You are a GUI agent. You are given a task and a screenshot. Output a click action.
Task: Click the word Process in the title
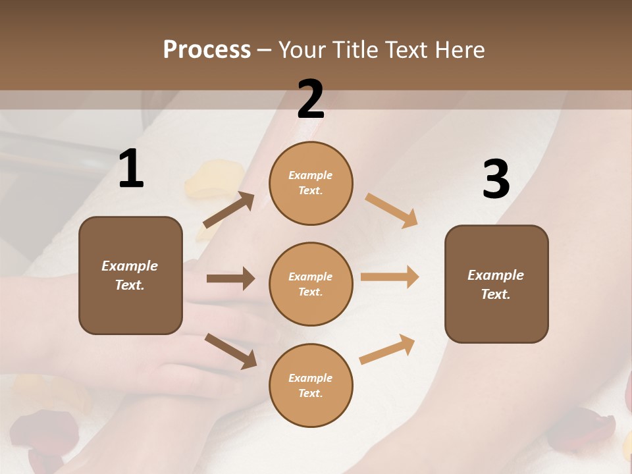tap(207, 50)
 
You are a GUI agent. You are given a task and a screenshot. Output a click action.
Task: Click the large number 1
tap(131, 169)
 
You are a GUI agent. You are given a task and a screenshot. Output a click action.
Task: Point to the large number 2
tap(311, 99)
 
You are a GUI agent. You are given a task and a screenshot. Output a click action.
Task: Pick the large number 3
tap(496, 180)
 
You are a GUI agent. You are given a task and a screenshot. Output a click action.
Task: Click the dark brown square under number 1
tap(130, 275)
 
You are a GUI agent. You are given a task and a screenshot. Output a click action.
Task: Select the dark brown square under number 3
tap(496, 284)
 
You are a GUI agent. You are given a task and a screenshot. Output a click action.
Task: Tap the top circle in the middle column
tap(311, 183)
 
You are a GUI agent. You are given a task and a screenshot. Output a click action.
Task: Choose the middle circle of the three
tap(311, 284)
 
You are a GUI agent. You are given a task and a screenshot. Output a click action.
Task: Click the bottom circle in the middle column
tap(311, 386)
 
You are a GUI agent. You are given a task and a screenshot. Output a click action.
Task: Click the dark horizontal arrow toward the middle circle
tap(230, 278)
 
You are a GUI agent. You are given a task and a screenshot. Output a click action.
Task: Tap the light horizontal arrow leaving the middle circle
tap(390, 277)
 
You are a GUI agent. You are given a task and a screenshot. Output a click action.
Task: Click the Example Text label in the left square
tap(130, 275)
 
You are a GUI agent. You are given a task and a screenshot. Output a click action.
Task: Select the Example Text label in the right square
tap(496, 284)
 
